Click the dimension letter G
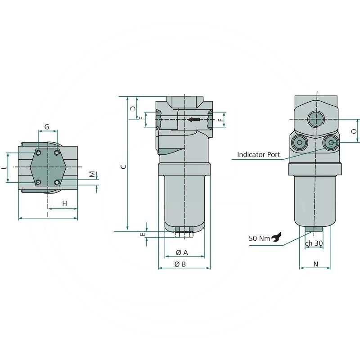point(47,127)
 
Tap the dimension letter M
point(91,174)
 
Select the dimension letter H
point(65,204)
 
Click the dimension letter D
point(133,108)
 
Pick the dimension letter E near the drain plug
point(143,235)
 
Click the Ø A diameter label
point(181,252)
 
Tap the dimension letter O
point(354,131)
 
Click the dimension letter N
point(315,265)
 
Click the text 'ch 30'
point(314,243)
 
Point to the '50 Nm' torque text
point(259,238)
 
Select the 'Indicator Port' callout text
point(258,154)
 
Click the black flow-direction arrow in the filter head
point(193,120)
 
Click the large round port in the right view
point(315,119)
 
